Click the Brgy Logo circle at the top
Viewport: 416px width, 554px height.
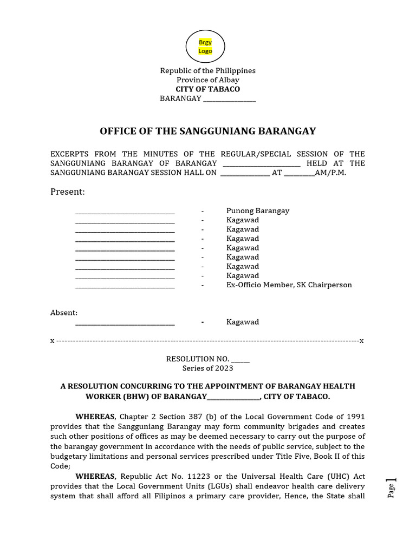(x=205, y=47)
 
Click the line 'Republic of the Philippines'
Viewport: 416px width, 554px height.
(x=207, y=71)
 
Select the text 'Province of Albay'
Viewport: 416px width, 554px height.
(x=207, y=80)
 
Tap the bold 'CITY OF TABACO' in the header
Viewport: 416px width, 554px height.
(x=207, y=89)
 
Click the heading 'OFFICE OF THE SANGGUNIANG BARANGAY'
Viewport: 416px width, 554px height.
(x=207, y=131)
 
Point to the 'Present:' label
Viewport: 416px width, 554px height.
(x=68, y=192)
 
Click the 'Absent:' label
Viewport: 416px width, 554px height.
(x=64, y=313)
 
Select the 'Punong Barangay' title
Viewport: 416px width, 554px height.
(x=258, y=211)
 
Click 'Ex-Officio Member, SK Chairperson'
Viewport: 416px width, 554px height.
(x=289, y=285)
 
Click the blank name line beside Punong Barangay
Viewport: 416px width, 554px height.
(x=125, y=212)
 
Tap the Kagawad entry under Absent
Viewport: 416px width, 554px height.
(x=243, y=322)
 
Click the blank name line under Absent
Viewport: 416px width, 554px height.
(x=125, y=323)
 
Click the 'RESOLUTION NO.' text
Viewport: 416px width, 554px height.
(x=198, y=359)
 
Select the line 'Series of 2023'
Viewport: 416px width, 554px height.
(x=207, y=368)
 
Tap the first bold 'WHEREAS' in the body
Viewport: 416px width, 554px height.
(x=95, y=417)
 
